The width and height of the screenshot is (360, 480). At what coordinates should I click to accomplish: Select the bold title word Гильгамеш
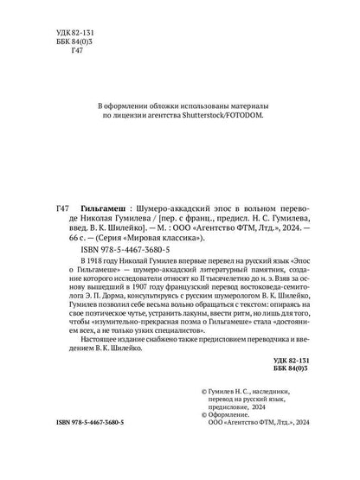click(99, 208)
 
